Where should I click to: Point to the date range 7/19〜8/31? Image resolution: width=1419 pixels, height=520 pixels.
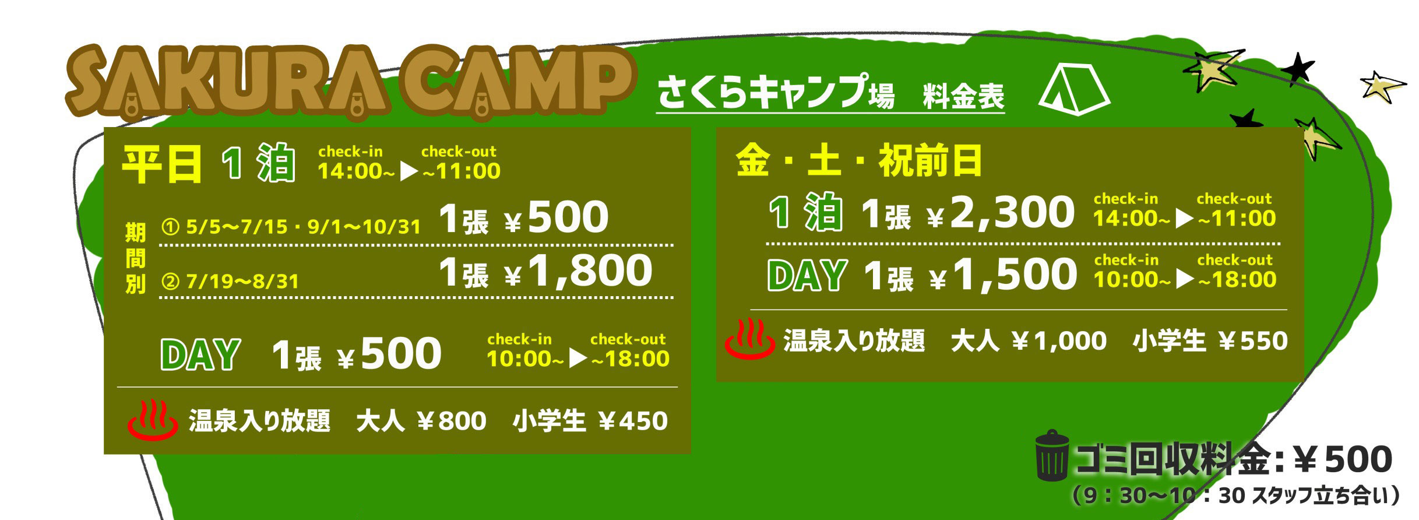[x=242, y=282]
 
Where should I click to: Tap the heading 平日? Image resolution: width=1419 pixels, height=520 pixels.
[x=162, y=164]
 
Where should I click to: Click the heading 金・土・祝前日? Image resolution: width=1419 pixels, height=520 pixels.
[x=859, y=160]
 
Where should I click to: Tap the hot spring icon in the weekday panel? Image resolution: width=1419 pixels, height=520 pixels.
[x=153, y=419]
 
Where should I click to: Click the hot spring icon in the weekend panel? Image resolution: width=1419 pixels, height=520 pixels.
[x=749, y=339]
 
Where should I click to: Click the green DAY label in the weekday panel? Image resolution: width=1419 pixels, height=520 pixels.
[x=200, y=354]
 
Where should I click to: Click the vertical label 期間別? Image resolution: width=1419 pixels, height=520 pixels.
[x=135, y=258]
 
